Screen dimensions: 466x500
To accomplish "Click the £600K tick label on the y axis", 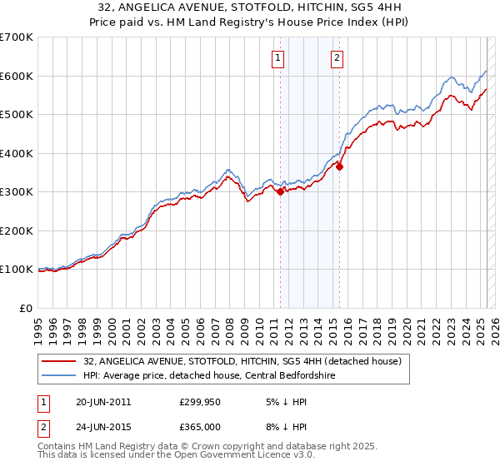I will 17,76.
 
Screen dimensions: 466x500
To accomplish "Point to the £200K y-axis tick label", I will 17,231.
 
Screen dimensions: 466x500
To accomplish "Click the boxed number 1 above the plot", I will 277,57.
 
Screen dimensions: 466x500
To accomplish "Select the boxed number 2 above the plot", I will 337,57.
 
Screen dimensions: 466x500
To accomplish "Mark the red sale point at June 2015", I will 339,166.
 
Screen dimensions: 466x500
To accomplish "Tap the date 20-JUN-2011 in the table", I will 102,401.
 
